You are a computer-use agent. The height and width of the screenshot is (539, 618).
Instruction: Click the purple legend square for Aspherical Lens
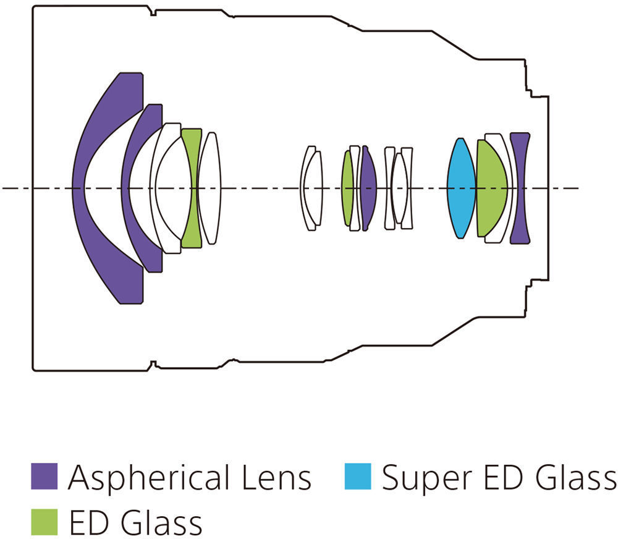(44, 477)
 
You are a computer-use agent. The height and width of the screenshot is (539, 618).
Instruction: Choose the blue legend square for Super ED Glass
(357, 477)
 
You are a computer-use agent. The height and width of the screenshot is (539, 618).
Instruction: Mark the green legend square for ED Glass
(44, 521)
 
